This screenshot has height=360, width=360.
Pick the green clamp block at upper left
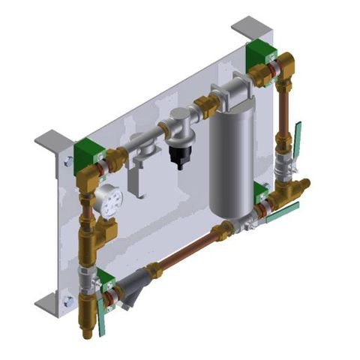[86, 149]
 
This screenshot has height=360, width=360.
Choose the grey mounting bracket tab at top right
[248, 28]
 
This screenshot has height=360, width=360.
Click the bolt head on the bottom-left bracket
[68, 301]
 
